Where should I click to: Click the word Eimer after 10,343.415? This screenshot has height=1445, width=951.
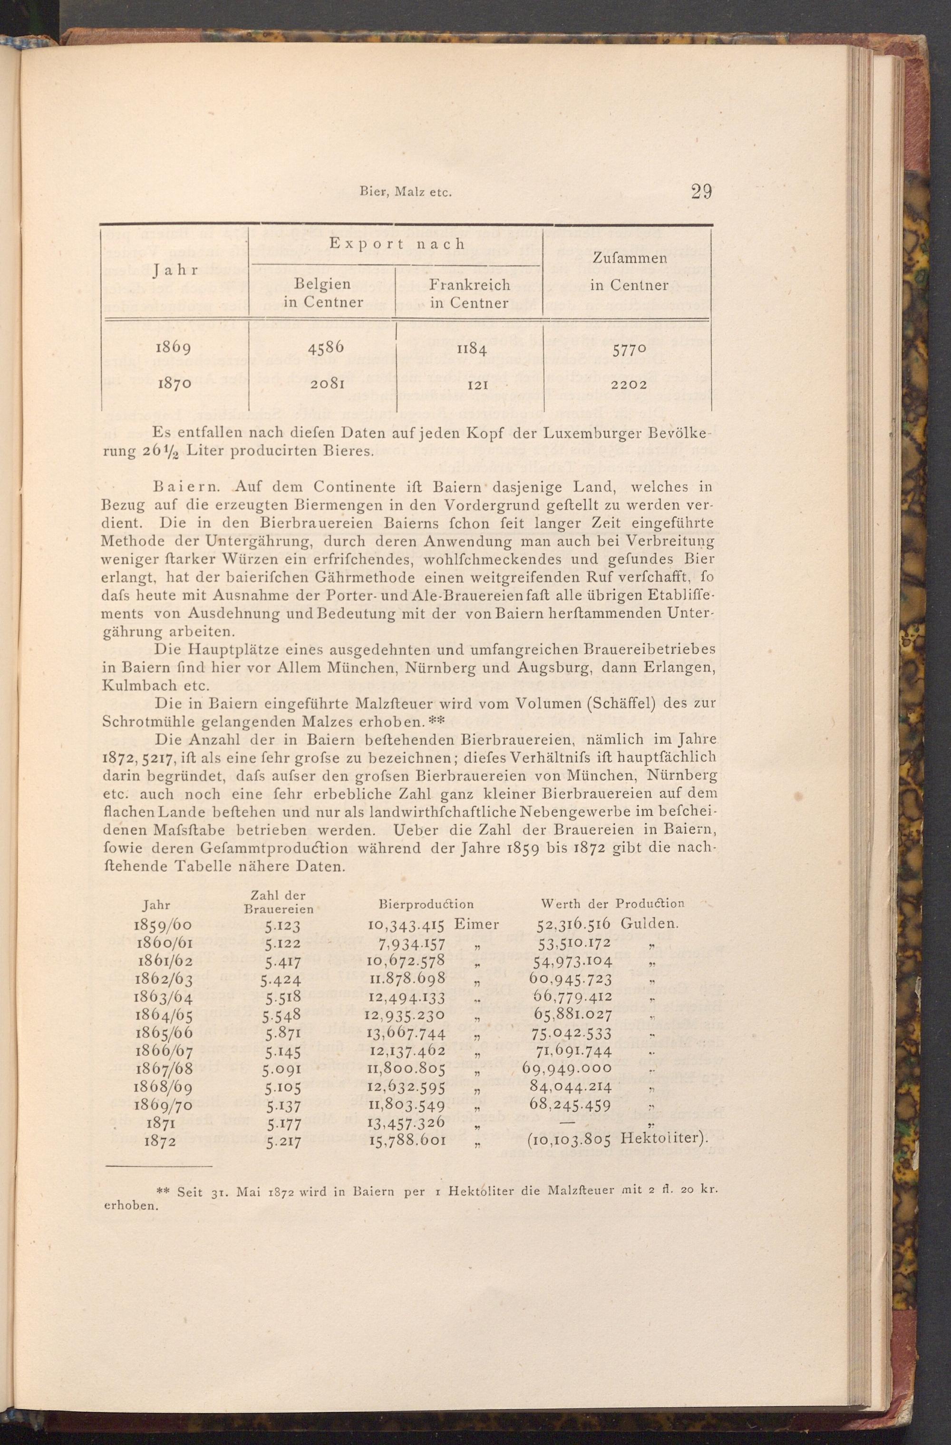pos(476,925)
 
